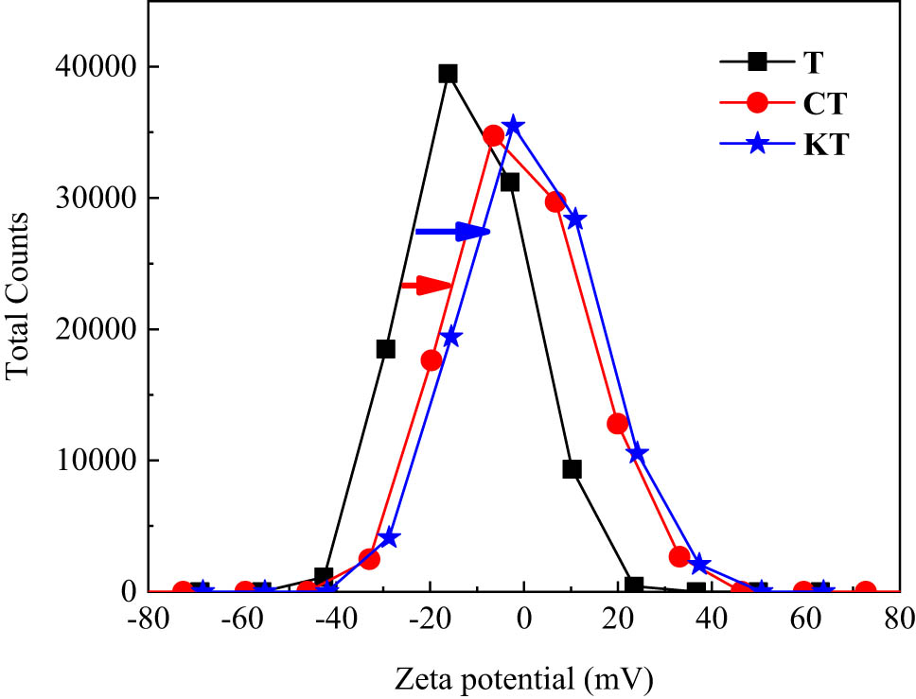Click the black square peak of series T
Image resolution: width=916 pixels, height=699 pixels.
(448, 74)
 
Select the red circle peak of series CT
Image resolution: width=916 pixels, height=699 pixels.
(493, 135)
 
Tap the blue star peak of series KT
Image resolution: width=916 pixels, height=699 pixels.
(514, 126)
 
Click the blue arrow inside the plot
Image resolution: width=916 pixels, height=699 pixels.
(453, 231)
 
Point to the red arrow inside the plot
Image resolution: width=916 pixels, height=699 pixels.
(426, 286)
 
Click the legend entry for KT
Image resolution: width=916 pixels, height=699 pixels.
(795, 145)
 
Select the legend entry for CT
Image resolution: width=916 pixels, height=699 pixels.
(795, 104)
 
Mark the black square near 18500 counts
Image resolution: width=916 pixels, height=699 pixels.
(385, 349)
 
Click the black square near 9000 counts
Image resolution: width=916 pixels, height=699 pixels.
(572, 469)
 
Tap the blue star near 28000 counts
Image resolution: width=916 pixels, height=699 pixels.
(574, 219)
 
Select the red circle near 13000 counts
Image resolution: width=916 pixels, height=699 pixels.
(618, 424)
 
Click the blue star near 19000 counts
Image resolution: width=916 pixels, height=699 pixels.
(451, 338)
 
